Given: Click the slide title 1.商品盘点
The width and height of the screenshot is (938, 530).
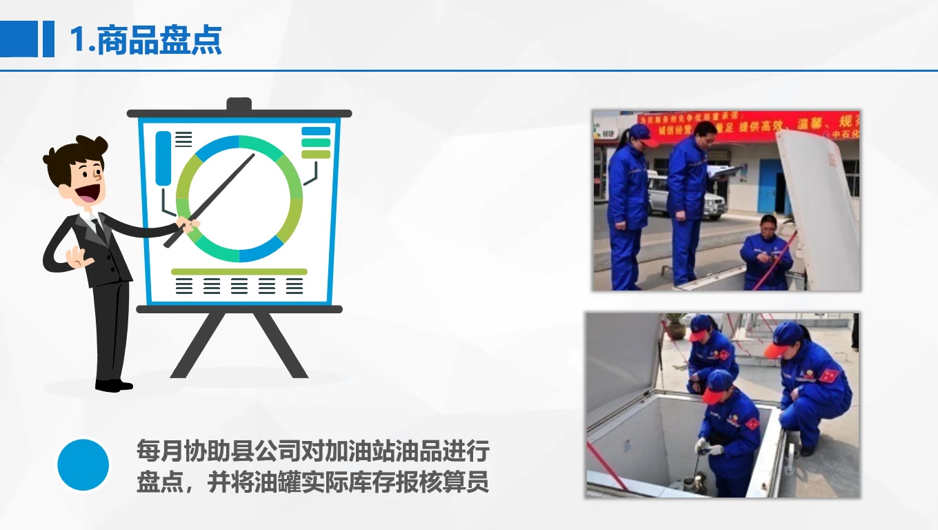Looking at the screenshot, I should pos(146,40).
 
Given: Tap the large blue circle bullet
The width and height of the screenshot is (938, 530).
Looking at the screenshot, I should pos(83,464).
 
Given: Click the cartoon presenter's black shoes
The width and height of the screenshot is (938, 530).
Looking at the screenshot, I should pos(113,385).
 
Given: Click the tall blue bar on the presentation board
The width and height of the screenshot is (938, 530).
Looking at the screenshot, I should pos(163,158).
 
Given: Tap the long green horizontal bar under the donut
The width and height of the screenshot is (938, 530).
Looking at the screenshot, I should pos(239,272).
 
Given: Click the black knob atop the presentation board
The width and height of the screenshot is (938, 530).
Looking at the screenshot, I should pos(239,105).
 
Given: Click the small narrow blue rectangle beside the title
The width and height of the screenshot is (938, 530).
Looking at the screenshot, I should pos(48,39).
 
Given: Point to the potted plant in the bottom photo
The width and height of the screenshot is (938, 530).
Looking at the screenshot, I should pos(676,325).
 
